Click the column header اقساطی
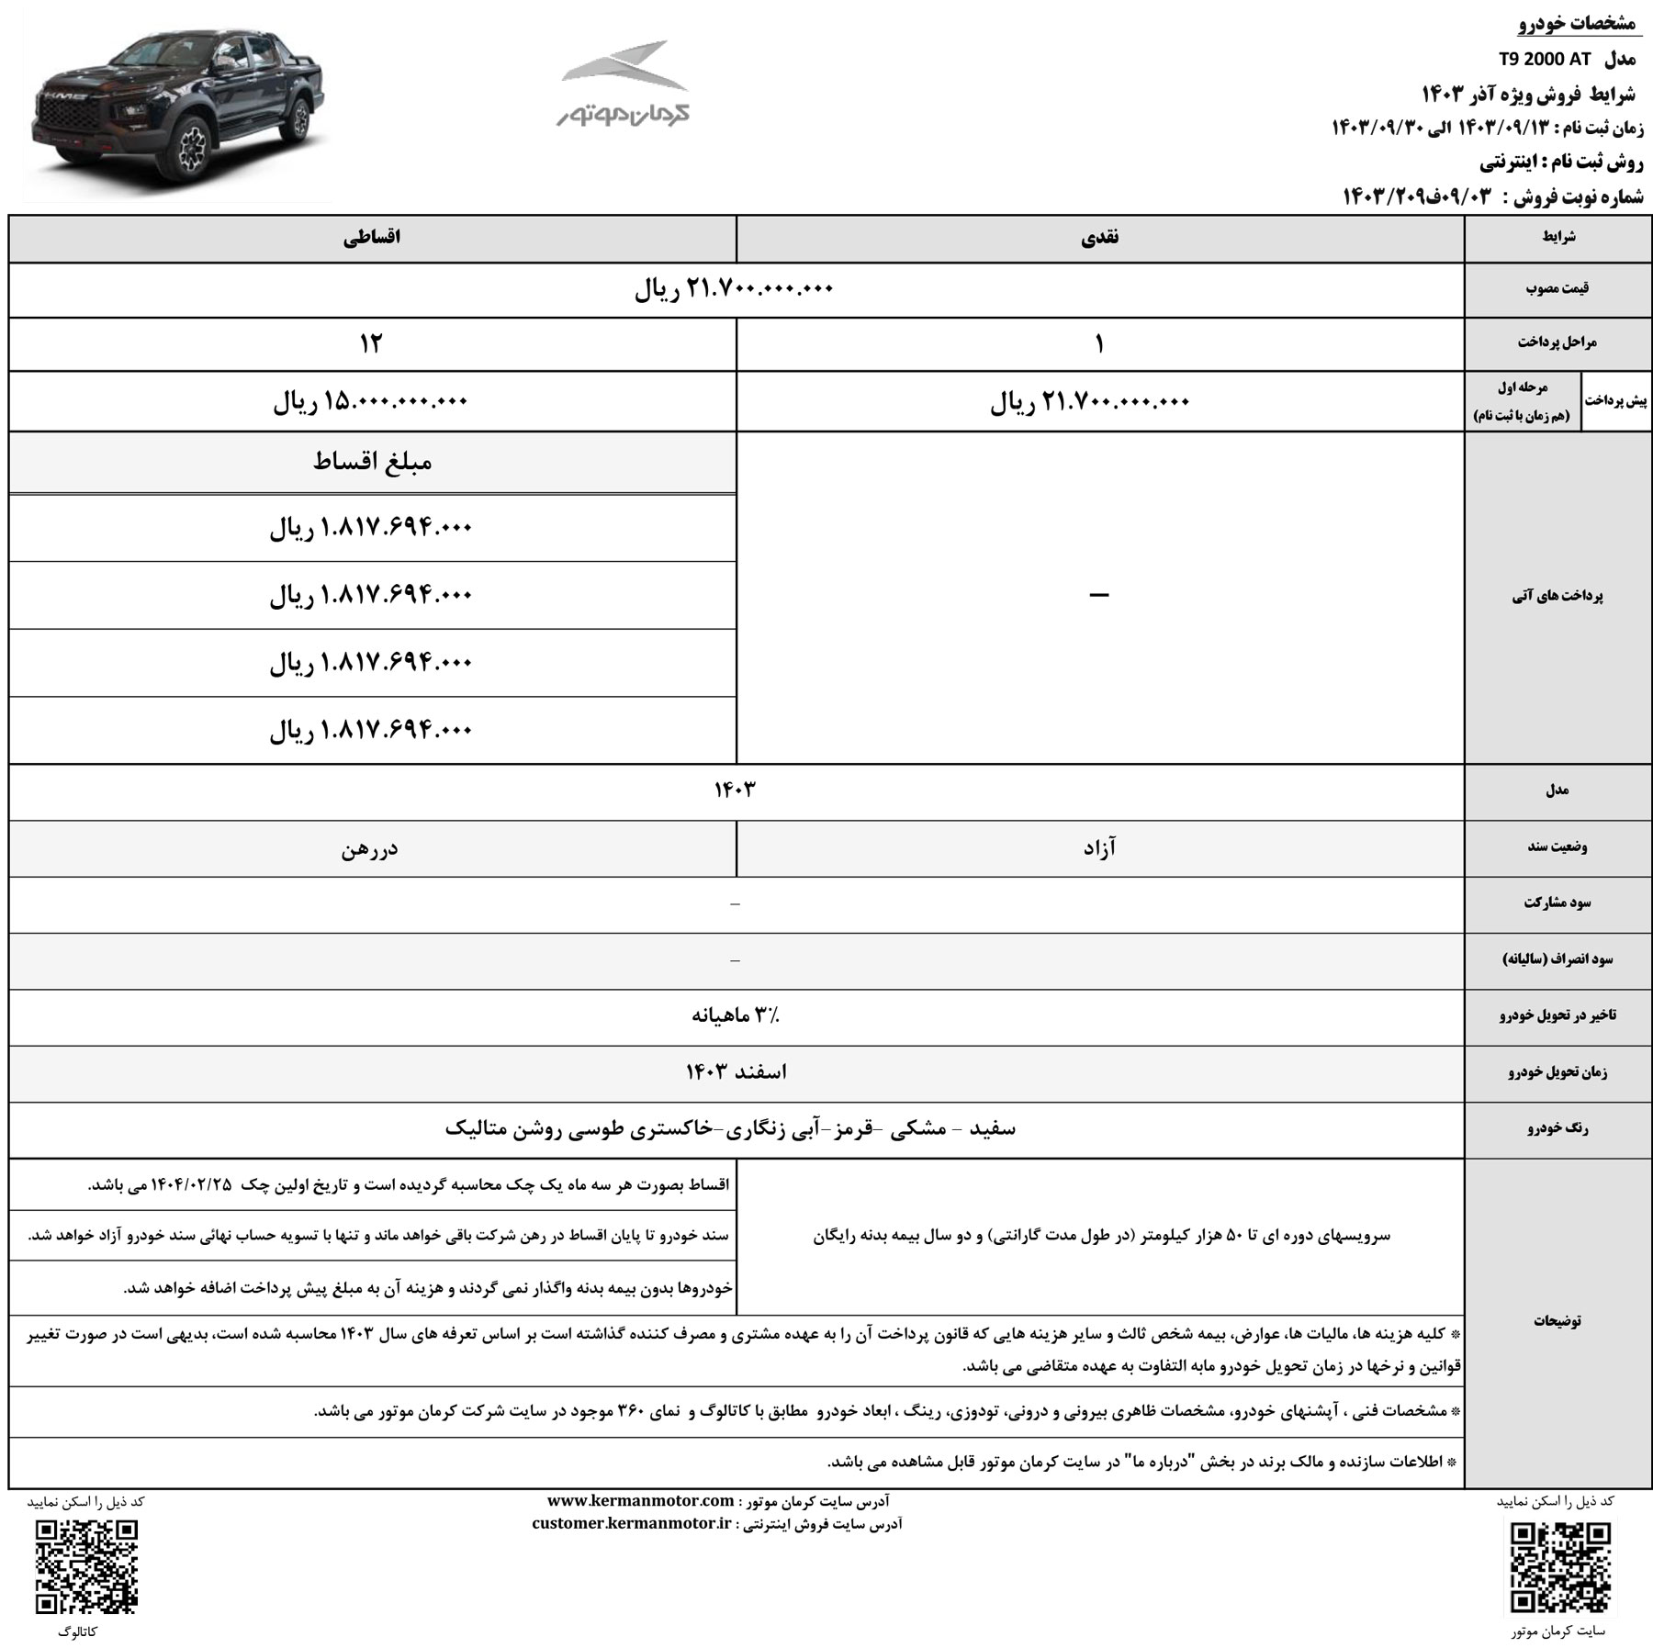point(372,238)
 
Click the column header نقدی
point(1099,238)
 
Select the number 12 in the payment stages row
point(371,344)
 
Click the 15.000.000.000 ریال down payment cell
point(371,401)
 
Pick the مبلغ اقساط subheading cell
point(372,462)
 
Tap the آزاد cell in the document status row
point(1099,848)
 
